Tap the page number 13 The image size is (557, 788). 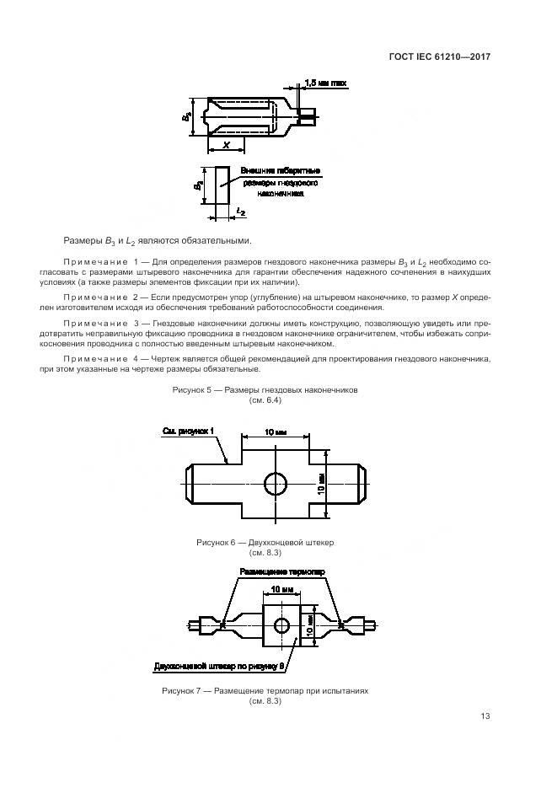pos(485,716)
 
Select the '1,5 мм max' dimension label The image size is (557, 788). pos(325,83)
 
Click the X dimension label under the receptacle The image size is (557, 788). pos(226,145)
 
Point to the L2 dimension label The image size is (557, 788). pos(241,212)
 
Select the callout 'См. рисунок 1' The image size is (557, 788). pos(189,432)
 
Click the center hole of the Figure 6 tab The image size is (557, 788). pos(276,484)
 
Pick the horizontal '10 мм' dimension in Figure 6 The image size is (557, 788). pos(275,432)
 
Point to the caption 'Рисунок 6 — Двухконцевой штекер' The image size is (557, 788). pos(265,543)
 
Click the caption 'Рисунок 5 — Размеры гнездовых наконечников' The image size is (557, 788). pos(265,391)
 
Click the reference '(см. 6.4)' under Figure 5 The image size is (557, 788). pos(265,401)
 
